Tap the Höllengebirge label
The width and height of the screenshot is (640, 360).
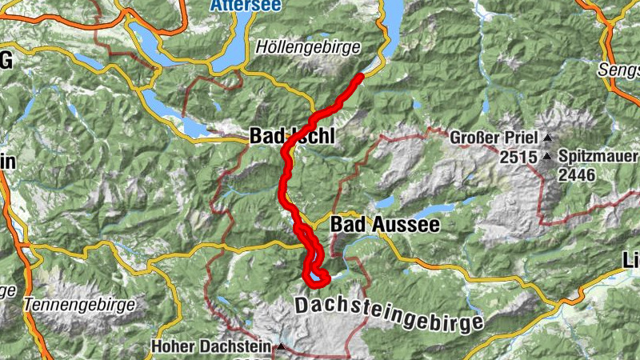point(308,47)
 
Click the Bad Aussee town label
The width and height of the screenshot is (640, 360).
point(385,225)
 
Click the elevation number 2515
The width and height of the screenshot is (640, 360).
point(519,158)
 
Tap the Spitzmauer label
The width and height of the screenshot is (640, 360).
point(596,155)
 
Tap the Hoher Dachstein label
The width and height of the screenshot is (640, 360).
point(211,347)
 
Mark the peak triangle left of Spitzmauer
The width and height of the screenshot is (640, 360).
point(547,156)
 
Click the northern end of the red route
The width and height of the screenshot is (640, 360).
point(361,76)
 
